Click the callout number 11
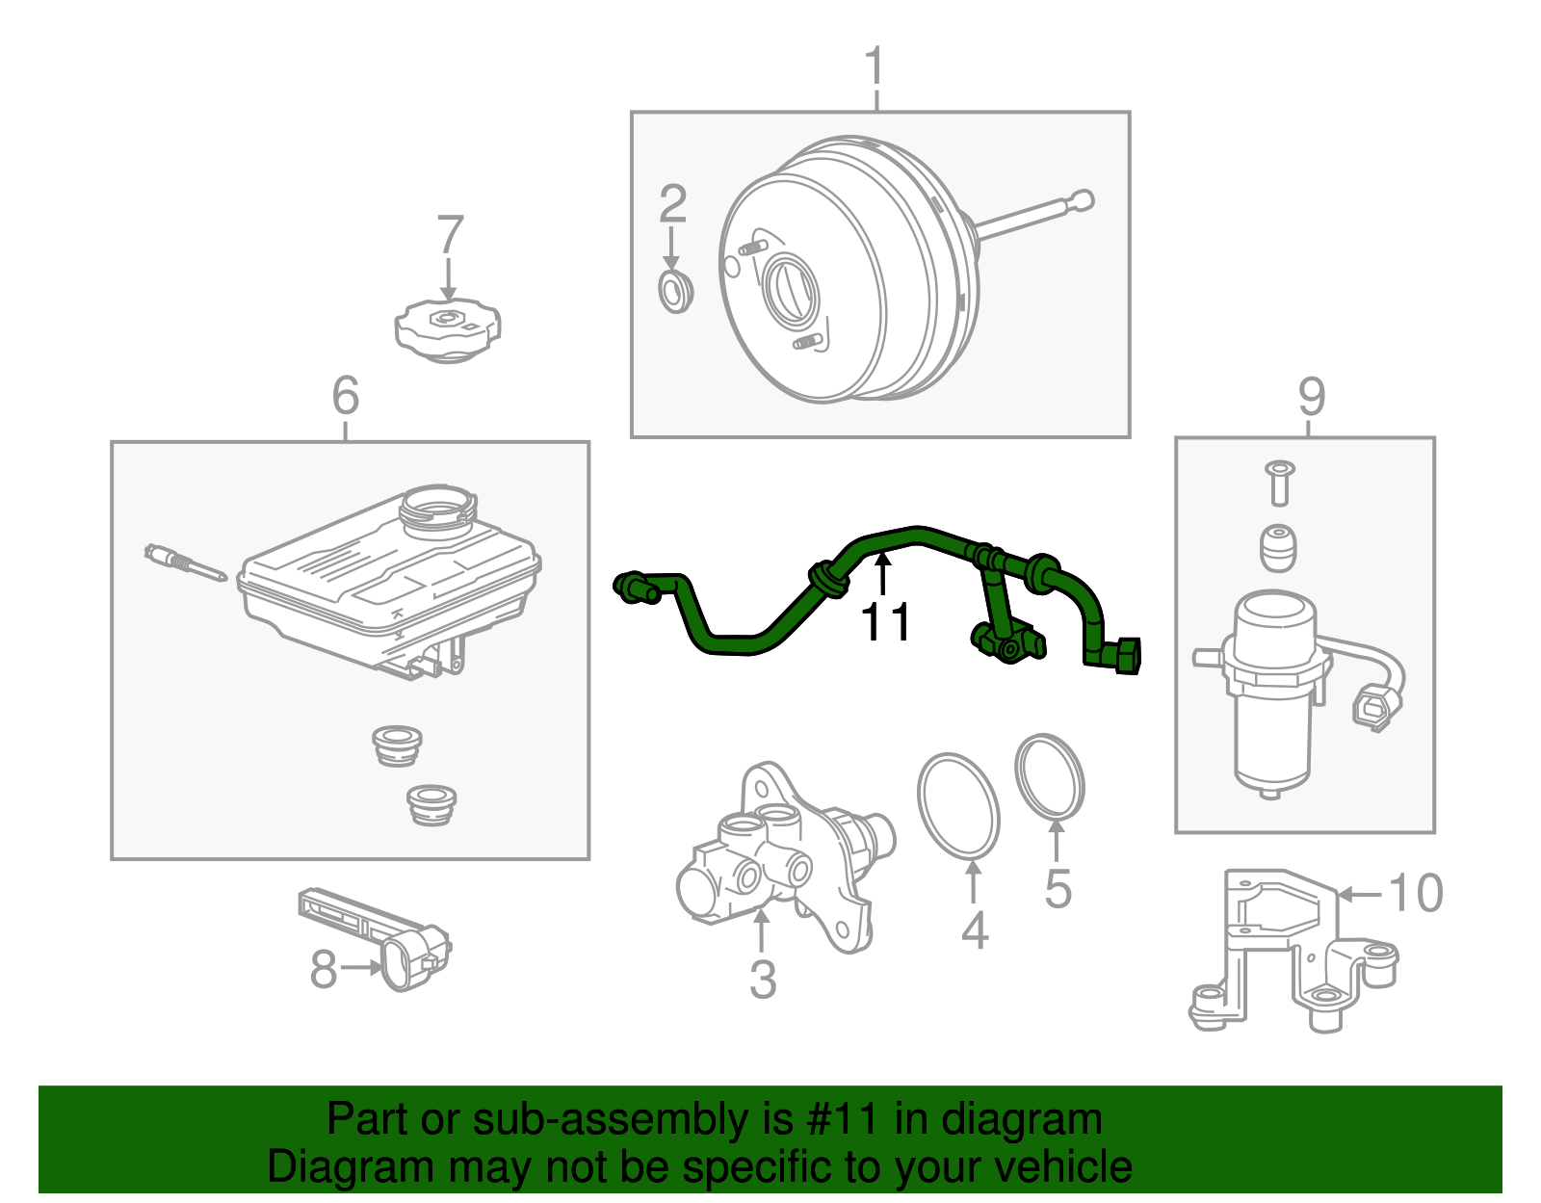click(x=885, y=623)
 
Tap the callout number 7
click(x=451, y=235)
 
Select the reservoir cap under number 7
click(x=448, y=330)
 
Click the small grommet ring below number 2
click(x=676, y=291)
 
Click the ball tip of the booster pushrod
click(x=1083, y=200)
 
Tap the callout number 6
click(x=346, y=396)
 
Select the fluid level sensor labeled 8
click(x=376, y=938)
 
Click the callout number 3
click(x=763, y=980)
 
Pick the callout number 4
click(x=975, y=930)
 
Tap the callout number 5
click(x=1058, y=889)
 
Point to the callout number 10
click(x=1416, y=893)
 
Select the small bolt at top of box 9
click(x=1279, y=484)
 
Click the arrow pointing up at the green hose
click(x=882, y=575)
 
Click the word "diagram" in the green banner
click(x=1022, y=1120)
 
